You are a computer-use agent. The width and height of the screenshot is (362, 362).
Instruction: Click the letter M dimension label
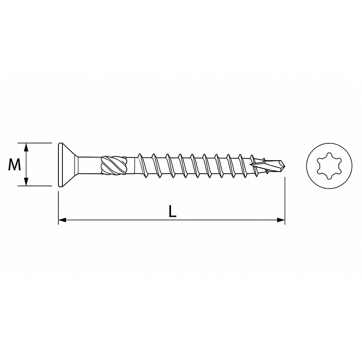(14, 164)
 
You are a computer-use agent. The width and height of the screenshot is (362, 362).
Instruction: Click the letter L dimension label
(172, 211)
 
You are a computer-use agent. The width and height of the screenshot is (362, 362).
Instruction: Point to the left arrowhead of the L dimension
(62, 220)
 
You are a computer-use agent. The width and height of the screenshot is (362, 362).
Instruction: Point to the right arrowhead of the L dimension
(281, 220)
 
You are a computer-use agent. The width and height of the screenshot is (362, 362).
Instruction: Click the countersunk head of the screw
(67, 164)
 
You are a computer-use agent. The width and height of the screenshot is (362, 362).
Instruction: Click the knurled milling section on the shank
(114, 164)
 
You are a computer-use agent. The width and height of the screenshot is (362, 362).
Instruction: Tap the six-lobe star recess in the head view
(329, 165)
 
